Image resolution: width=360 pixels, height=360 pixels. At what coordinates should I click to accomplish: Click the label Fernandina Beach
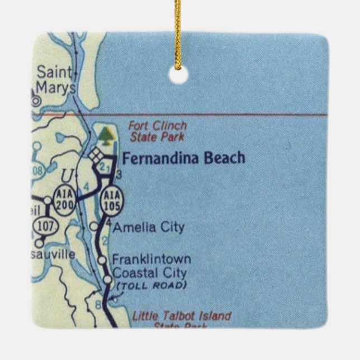click(x=183, y=158)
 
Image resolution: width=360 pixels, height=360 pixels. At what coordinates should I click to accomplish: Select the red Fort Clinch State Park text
click(x=158, y=131)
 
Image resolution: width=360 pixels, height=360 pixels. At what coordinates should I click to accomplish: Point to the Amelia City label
click(x=148, y=228)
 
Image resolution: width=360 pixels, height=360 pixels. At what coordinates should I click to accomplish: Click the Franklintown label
click(x=151, y=259)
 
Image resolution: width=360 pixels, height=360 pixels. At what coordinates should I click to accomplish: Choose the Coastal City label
click(x=149, y=273)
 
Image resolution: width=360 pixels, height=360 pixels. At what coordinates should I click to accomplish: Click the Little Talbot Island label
click(x=181, y=316)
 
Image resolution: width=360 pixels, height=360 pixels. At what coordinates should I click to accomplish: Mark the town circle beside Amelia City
click(x=94, y=226)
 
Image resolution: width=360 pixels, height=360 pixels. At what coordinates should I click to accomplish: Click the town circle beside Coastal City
click(x=107, y=279)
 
